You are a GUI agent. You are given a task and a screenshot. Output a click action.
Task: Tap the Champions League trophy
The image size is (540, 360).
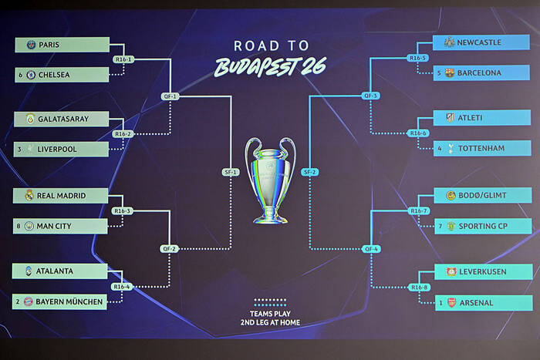pyautogui.click(x=270, y=180)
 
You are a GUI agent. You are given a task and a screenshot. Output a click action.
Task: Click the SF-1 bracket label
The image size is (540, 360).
pyautogui.click(x=231, y=172)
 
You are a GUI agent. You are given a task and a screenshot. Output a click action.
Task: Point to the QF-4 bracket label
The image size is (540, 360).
pyautogui.click(x=371, y=248)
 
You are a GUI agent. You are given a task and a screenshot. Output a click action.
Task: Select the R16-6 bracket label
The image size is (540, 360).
pyautogui.click(x=419, y=133)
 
